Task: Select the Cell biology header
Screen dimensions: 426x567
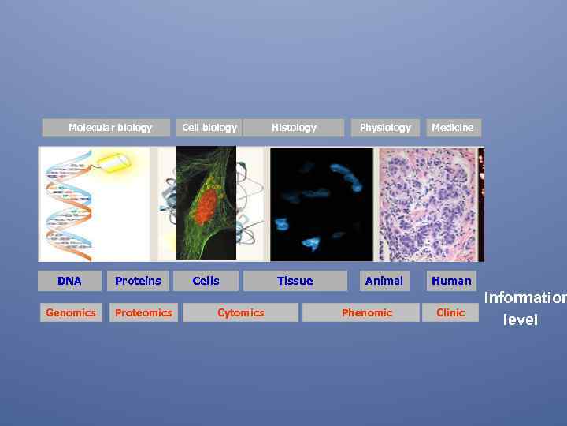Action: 209,127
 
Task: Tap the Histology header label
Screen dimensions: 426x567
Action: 294,127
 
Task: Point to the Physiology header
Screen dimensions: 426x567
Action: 385,127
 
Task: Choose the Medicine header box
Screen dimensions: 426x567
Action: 453,127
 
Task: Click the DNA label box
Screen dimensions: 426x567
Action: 69,281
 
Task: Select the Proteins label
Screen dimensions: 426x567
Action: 138,281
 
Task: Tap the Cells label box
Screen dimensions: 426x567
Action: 206,281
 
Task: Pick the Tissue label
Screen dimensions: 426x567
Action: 295,281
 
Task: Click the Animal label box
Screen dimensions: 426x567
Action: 384,281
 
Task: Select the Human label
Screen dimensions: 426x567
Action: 452,281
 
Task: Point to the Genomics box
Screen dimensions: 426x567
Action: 71,312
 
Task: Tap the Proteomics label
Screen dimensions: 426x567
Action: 143,312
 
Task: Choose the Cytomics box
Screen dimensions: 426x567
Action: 241,312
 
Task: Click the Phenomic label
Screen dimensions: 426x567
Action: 367,312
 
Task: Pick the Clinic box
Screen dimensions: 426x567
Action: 450,312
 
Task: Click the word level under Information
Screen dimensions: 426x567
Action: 521,320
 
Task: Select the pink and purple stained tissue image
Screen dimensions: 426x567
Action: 427,204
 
